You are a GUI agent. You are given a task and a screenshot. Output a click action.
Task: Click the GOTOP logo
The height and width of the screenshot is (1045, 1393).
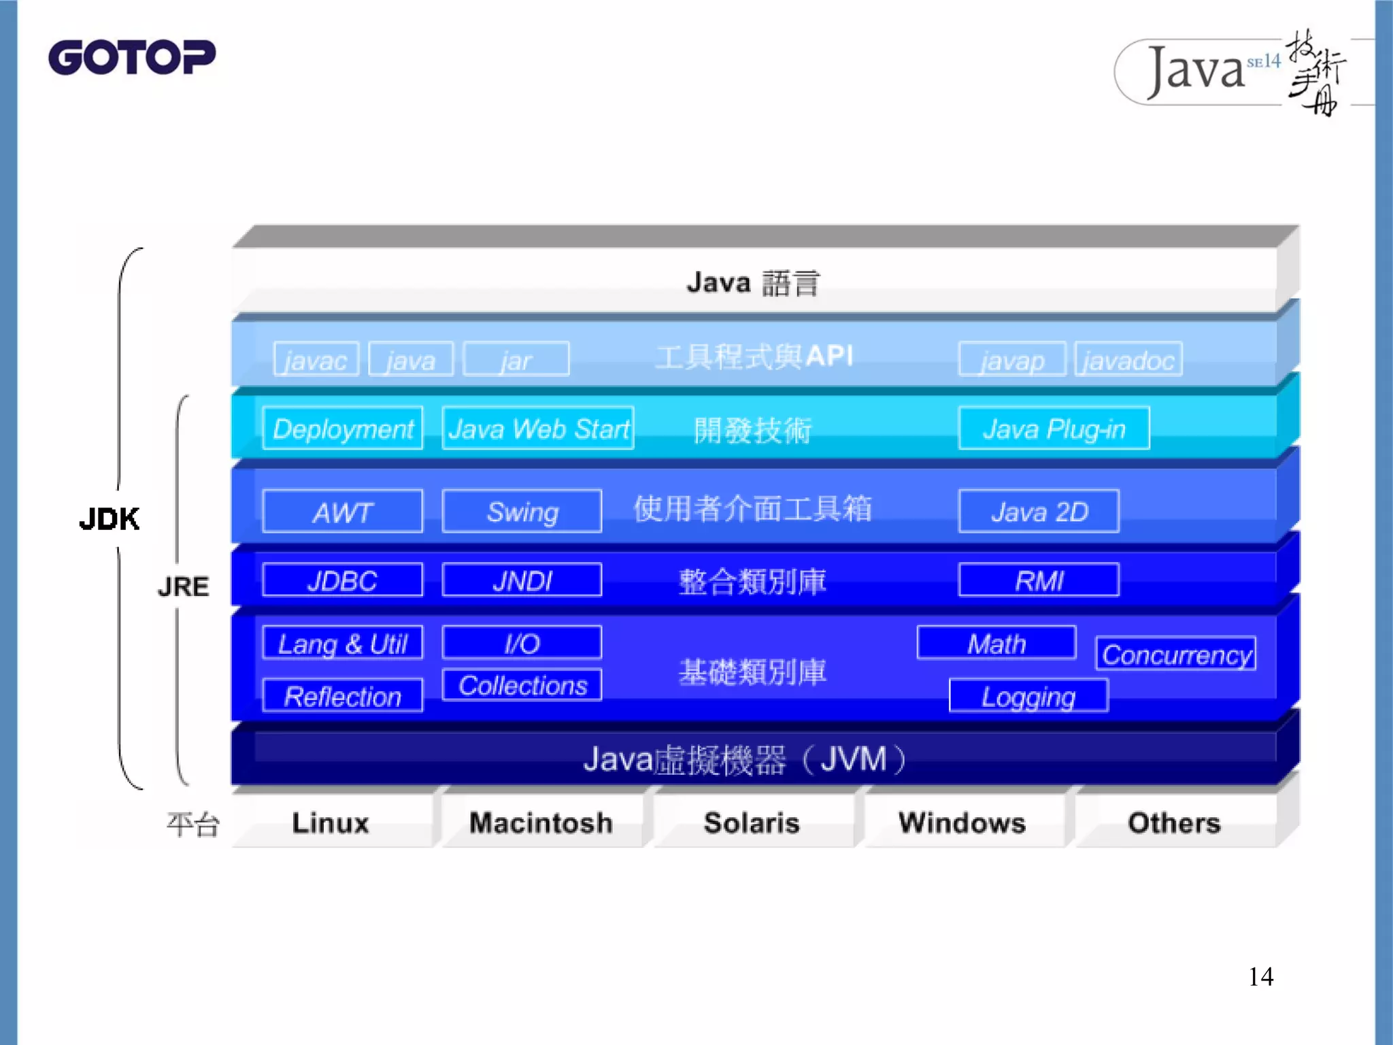(131, 57)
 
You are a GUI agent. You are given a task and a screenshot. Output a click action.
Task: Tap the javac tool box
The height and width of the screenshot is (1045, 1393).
(316, 359)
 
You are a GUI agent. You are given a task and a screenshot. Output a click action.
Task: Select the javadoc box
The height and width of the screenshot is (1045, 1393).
(1128, 359)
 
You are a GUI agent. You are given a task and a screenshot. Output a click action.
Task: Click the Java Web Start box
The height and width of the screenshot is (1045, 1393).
(538, 429)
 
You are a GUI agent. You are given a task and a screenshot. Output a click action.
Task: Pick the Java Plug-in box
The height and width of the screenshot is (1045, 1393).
(1054, 429)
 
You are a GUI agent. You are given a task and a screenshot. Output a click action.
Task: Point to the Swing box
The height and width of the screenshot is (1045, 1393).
(522, 512)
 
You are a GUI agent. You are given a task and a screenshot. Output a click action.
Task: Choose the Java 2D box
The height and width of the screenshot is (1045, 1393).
(1039, 512)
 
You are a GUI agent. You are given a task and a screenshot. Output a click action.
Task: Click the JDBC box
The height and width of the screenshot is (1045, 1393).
(342, 580)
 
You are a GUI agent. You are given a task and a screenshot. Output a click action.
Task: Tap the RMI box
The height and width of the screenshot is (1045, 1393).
(1039, 580)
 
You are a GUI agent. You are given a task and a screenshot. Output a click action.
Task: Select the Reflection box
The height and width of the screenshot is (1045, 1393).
(342, 696)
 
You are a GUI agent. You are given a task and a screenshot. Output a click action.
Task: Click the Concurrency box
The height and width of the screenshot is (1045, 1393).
(1176, 654)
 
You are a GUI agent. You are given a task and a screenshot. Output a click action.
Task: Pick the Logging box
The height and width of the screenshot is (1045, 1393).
(1028, 696)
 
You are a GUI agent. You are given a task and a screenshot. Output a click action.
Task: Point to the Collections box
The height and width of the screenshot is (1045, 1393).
(522, 685)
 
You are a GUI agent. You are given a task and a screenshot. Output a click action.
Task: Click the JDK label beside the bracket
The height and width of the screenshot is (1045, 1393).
(109, 519)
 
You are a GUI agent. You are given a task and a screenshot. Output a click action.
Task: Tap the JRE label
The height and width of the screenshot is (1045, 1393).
(183, 586)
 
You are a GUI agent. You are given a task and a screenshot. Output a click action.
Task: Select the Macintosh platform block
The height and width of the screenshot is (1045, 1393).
(541, 823)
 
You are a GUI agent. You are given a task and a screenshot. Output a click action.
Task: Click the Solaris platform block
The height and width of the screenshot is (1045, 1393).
(752, 823)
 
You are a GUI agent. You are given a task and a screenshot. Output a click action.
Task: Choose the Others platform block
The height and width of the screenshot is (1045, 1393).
(1174, 823)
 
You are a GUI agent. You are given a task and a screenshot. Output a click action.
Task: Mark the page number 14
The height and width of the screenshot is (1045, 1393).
(1260, 977)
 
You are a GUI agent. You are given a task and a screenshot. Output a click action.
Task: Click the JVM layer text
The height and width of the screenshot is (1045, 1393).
(745, 759)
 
